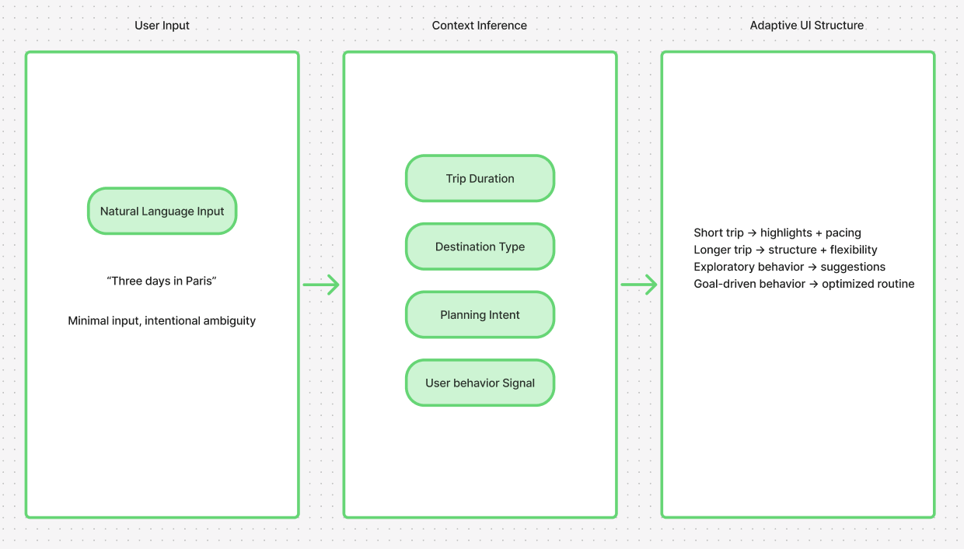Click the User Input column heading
(x=162, y=26)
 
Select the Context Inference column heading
(x=479, y=26)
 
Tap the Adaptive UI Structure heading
(x=806, y=26)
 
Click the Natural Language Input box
(x=162, y=211)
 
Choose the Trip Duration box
(x=480, y=178)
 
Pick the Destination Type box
(x=480, y=247)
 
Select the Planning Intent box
(x=480, y=315)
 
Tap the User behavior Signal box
(x=480, y=383)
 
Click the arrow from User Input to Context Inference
(x=321, y=285)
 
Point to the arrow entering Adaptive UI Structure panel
(x=639, y=285)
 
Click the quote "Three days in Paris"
(x=162, y=281)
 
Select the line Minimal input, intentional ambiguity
(x=162, y=320)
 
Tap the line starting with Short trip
(x=777, y=233)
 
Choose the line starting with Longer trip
(x=785, y=250)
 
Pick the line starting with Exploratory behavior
(x=789, y=267)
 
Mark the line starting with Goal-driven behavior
(x=804, y=284)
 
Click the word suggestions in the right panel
(x=853, y=267)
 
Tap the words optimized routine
(x=868, y=284)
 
